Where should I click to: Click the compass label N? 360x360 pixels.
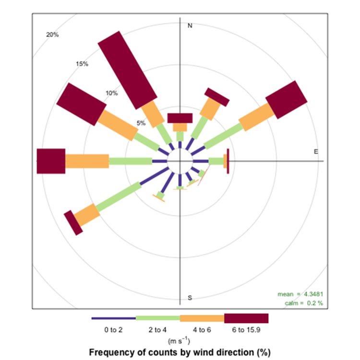tap(190, 25)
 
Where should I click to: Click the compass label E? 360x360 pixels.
tap(316, 151)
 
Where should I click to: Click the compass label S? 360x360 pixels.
tap(190, 298)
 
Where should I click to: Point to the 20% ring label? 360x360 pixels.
tap(52, 35)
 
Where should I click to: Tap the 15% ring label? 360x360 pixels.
tap(82, 64)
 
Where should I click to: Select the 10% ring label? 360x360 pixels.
tap(111, 93)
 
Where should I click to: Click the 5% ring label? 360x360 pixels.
tap(141, 123)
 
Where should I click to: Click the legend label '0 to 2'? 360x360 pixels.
tap(114, 331)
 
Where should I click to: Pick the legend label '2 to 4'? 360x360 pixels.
tap(158, 331)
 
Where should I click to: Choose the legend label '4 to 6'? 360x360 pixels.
tap(202, 331)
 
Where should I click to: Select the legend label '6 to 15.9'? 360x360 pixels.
tap(246, 331)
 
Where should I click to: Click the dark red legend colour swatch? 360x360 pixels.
tap(246, 318)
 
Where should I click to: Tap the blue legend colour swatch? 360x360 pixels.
tap(114, 318)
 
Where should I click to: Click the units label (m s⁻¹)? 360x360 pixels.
tap(180, 340)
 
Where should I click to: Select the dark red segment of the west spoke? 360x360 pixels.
tap(51, 161)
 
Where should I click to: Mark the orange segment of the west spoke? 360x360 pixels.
tap(87, 161)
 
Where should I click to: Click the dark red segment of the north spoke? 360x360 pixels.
tap(180, 118)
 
